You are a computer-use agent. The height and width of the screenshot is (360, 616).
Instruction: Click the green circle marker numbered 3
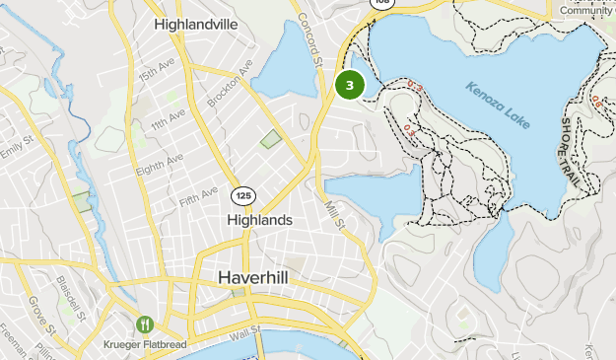350,85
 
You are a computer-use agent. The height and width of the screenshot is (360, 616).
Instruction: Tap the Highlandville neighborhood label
197,23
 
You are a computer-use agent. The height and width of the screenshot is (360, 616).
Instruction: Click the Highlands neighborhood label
259,220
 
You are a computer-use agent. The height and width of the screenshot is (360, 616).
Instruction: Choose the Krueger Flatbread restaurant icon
146,324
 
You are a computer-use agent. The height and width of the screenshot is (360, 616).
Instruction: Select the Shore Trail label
572,148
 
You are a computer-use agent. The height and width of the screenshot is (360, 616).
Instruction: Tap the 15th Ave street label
155,76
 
